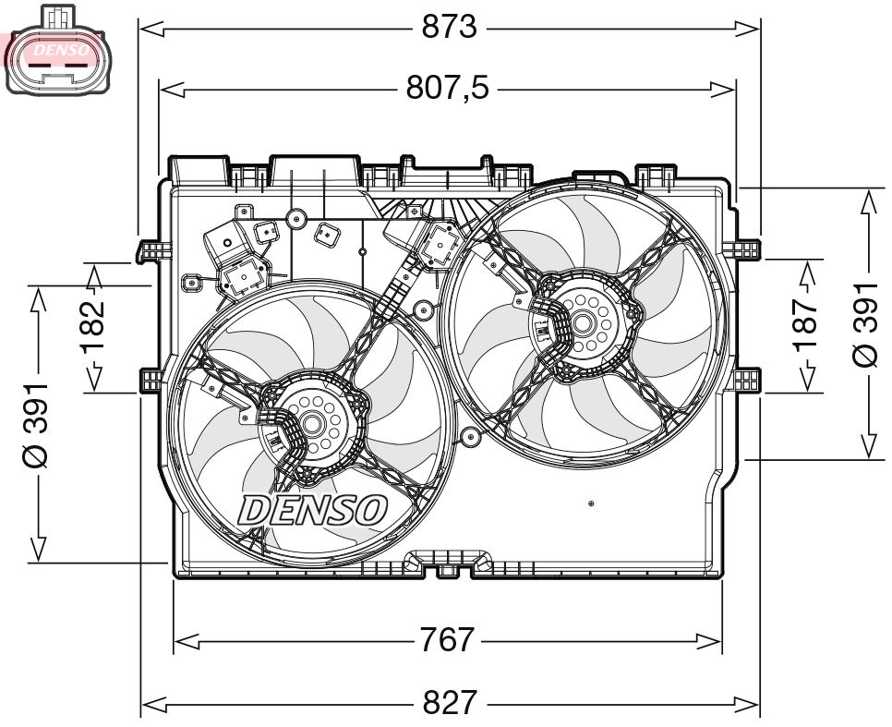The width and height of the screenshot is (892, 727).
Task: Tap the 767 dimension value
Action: click(448, 639)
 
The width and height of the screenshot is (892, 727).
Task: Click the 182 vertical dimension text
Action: click(93, 327)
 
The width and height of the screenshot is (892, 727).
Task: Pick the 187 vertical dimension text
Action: click(806, 323)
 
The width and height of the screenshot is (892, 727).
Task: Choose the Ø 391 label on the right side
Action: click(866, 323)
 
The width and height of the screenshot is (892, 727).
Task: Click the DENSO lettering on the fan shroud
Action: click(312, 509)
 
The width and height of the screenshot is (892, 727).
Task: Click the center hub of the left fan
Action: click(310, 424)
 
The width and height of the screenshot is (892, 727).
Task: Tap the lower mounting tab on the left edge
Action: click(151, 381)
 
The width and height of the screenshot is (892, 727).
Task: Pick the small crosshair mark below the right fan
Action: click(591, 503)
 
